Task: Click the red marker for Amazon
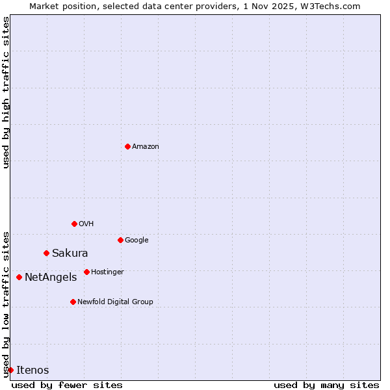point(127,146)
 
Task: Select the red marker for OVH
point(74,224)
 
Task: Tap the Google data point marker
point(120,240)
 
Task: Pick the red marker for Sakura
point(46,253)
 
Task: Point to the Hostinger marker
point(86,272)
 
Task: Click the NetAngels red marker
point(19,277)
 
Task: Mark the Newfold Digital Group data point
point(73,302)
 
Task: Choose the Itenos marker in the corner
point(10,370)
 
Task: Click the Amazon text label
point(146,147)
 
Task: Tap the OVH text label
point(86,224)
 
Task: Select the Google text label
point(136,240)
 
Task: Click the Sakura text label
point(70,253)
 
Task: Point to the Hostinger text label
point(107,272)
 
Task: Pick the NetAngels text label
point(51,278)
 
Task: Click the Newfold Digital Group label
point(115,302)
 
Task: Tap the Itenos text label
point(32,370)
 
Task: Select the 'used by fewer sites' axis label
point(67,385)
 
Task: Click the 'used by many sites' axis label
point(326,385)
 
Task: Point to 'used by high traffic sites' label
point(6,92)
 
